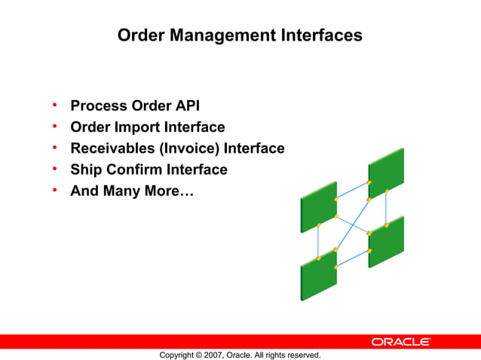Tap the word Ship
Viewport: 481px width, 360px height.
(x=85, y=169)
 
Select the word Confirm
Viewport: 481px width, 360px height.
(x=133, y=169)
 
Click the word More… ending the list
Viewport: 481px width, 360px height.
(x=170, y=191)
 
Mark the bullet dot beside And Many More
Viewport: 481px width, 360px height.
(x=55, y=191)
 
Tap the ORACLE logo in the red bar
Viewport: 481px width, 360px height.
(x=400, y=342)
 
